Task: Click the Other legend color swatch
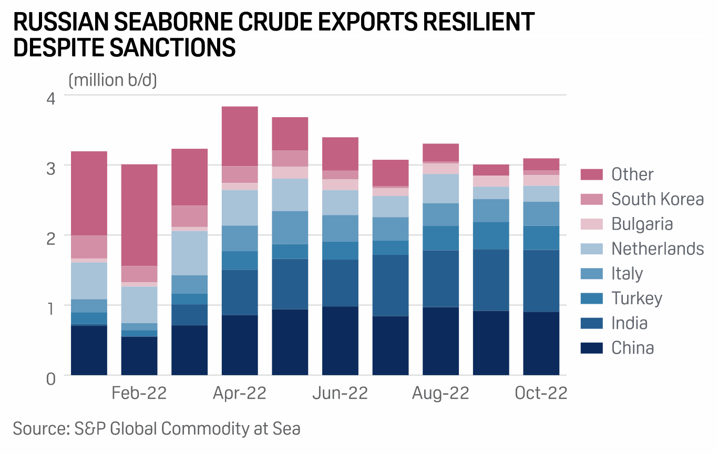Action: pyautogui.click(x=592, y=174)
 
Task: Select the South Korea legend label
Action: pyautogui.click(x=657, y=199)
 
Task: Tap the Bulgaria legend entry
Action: pyautogui.click(x=642, y=224)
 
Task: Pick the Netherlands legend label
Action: pyautogui.click(x=657, y=249)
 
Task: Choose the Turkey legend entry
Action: pyautogui.click(x=637, y=298)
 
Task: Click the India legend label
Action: pyautogui.click(x=629, y=323)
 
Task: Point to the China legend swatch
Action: pyautogui.click(x=592, y=348)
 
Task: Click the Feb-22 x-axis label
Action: pyautogui.click(x=139, y=393)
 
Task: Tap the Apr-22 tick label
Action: pyautogui.click(x=240, y=393)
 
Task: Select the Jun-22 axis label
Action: pyautogui.click(x=340, y=393)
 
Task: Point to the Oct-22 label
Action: pyautogui.click(x=541, y=393)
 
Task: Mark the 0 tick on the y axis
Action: pyautogui.click(x=51, y=378)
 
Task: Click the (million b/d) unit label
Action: pyautogui.click(x=112, y=80)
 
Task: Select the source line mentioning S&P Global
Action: pyautogui.click(x=157, y=428)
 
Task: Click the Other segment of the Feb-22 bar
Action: pyautogui.click(x=139, y=215)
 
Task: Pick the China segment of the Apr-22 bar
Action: pyautogui.click(x=240, y=345)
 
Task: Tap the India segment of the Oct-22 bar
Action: pyautogui.click(x=541, y=281)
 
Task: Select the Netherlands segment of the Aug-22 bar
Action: pyautogui.click(x=440, y=189)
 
